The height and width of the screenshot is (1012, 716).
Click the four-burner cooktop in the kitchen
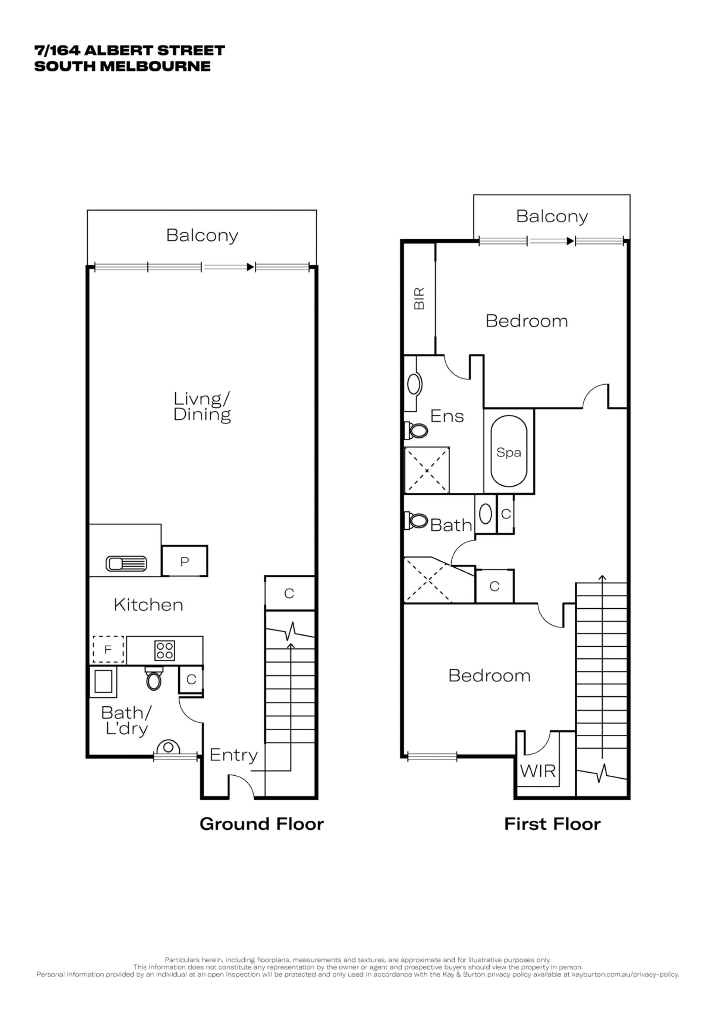coord(165,650)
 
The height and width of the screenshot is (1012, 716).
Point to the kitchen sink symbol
coord(126,563)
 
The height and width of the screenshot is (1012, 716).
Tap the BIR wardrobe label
coord(419,299)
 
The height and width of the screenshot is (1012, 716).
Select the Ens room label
coord(447,416)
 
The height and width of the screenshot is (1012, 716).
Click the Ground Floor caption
coord(261,824)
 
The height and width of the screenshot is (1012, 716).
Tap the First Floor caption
coord(552,824)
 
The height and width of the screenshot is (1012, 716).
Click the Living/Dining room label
coord(202,407)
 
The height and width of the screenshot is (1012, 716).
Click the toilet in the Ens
coord(416,430)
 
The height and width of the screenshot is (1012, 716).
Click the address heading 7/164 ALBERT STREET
coord(130,50)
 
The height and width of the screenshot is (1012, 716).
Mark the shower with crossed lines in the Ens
coord(427,470)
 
